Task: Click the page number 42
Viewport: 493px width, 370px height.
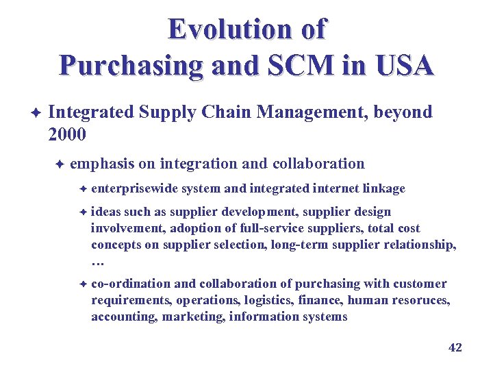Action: click(x=455, y=347)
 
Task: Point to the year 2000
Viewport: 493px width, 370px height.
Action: click(x=67, y=134)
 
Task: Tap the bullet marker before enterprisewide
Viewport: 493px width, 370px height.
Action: click(x=81, y=188)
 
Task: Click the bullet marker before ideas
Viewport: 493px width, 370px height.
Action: click(x=81, y=212)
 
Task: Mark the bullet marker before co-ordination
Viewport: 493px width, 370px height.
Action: click(x=81, y=284)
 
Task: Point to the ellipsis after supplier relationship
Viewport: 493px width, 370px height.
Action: click(x=97, y=262)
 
